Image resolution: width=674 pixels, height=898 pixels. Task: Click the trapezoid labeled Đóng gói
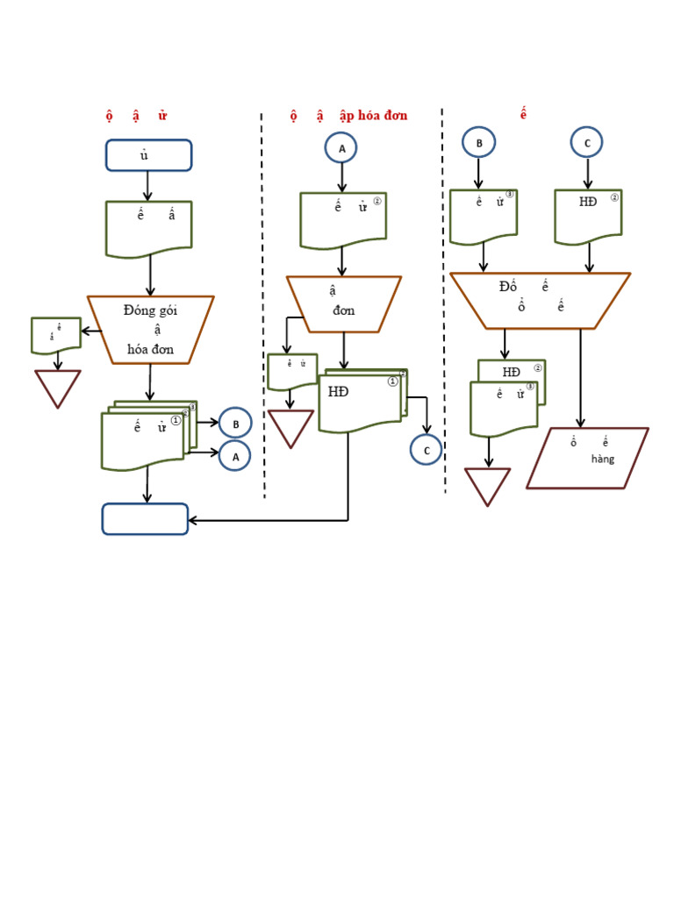[150, 330]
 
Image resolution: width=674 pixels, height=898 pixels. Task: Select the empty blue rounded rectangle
[145, 519]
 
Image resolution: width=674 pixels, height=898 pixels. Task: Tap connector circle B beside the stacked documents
[235, 424]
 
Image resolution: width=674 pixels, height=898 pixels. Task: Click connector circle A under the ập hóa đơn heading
[342, 148]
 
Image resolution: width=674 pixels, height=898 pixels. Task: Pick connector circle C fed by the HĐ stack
[426, 450]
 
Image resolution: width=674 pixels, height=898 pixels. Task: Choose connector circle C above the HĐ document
[586, 142]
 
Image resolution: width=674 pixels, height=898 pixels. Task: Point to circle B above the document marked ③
[479, 142]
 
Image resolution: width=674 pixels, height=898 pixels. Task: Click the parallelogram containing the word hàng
[587, 458]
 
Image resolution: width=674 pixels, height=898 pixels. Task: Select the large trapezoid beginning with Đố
[540, 301]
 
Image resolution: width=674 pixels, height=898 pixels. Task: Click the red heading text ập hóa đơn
[373, 116]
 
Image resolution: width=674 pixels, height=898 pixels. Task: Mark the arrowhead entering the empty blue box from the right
[194, 520]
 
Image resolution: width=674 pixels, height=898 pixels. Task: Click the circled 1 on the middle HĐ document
[392, 381]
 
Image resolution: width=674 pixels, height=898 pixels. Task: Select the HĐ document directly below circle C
[588, 216]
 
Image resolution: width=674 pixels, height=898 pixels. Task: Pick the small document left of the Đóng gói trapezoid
[56, 335]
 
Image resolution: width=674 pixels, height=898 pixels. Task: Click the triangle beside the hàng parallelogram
[487, 486]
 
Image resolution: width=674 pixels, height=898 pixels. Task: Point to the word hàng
[603, 460]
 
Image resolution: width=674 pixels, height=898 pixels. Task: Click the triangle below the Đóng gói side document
[58, 387]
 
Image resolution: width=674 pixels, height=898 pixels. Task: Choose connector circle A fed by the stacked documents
[235, 456]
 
